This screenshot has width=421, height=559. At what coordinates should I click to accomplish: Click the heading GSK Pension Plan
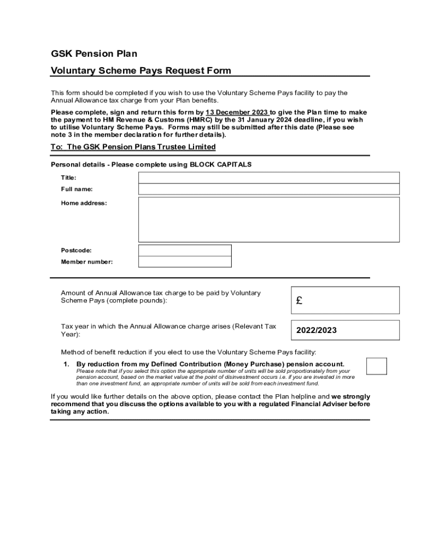coord(94,53)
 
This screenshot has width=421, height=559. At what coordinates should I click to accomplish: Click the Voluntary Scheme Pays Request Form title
coord(141,70)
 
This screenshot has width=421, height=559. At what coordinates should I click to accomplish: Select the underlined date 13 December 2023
coord(236,112)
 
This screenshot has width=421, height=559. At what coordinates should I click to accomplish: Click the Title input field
coord(268,177)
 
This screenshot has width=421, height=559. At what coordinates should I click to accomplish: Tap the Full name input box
coord(268,189)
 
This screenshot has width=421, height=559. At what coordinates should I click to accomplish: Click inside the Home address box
coord(268,219)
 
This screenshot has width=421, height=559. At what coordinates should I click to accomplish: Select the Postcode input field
coord(185,250)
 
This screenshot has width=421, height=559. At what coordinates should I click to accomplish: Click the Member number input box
coord(185,261)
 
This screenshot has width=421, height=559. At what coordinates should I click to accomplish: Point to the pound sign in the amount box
coord(299,300)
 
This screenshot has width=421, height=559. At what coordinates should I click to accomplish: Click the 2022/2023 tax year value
coord(317,330)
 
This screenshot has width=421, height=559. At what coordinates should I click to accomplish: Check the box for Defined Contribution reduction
coord(376,366)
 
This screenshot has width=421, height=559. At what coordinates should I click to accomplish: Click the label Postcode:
coord(76,251)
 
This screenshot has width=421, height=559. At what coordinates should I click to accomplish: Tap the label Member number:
coord(86,262)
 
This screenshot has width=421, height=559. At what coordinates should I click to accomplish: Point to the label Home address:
coord(84,203)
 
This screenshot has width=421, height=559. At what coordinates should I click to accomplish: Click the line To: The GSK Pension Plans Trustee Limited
coord(133,147)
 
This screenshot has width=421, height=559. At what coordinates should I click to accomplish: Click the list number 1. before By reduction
coord(67,364)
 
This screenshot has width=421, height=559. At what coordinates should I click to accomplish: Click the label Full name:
coord(77,189)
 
